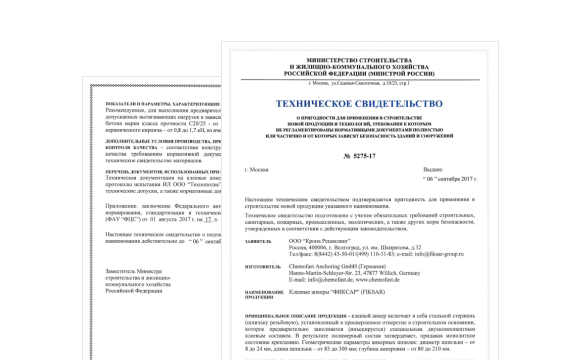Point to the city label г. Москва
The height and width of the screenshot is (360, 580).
click(258, 171)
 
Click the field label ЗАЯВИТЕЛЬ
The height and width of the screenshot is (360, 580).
click(259, 241)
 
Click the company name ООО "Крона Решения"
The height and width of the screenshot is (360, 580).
click(318, 241)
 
